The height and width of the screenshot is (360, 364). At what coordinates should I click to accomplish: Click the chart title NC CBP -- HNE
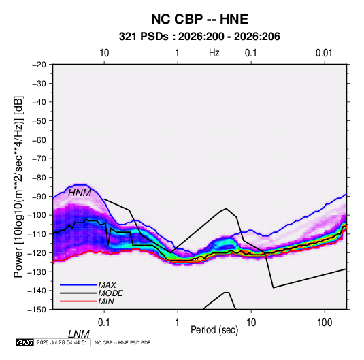[x=199, y=19]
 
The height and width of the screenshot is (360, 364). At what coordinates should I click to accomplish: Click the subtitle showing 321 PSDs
[x=199, y=37]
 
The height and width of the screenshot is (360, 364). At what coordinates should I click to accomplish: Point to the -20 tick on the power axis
[x=39, y=65]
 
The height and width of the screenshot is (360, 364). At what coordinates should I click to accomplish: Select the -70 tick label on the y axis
[x=39, y=159]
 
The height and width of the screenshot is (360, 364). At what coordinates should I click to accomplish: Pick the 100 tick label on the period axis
[x=325, y=323]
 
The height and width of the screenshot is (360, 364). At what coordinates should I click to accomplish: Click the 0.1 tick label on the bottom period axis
[x=103, y=323]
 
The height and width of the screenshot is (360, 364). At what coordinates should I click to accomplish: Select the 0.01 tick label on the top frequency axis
[x=324, y=53]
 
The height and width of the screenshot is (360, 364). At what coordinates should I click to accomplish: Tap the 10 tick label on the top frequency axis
[x=104, y=53]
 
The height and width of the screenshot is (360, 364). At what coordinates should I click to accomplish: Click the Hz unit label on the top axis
[x=214, y=53]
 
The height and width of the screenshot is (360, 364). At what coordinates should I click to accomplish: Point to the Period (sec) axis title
[x=214, y=330]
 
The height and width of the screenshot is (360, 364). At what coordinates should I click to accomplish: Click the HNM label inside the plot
[x=80, y=193]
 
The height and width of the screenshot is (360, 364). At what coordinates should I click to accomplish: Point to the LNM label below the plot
[x=78, y=334]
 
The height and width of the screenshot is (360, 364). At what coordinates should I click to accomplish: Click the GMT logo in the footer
[x=24, y=342]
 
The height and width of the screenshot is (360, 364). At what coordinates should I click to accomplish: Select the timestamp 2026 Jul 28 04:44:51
[x=62, y=342]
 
